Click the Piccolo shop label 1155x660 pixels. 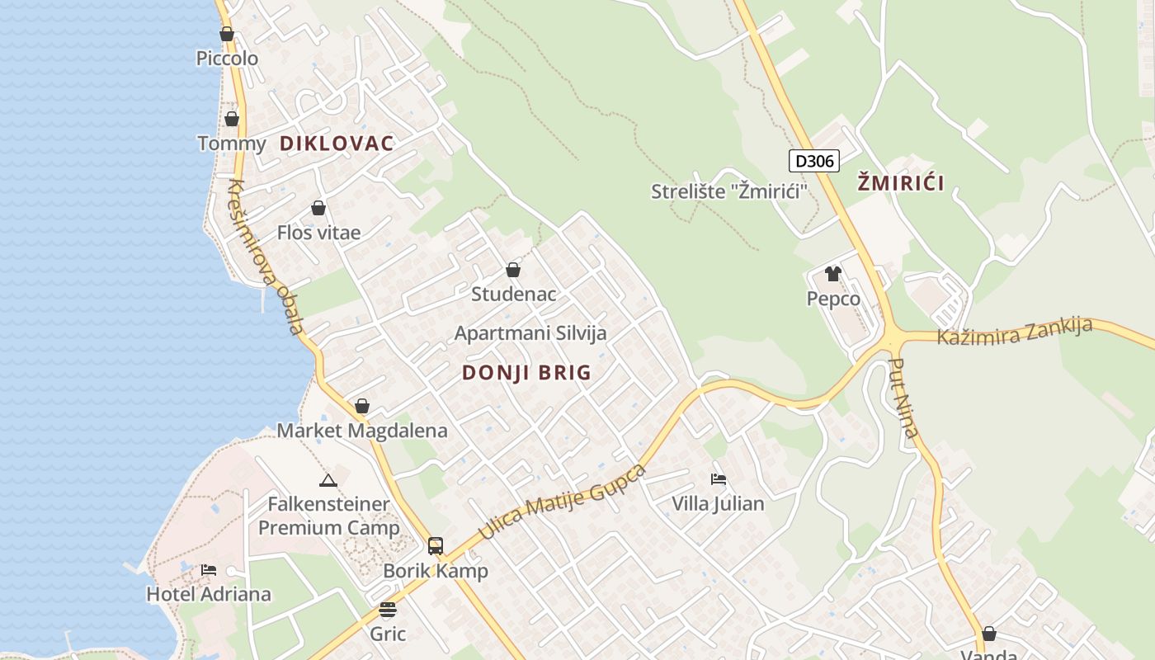[227, 59]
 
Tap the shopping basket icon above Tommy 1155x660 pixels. [232, 119]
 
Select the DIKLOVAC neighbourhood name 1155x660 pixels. [337, 144]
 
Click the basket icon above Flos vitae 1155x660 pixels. [318, 208]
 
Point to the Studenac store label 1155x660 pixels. [513, 294]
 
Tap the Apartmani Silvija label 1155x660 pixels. [530, 333]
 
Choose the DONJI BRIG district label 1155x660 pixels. [526, 373]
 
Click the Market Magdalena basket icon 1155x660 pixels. [361, 406]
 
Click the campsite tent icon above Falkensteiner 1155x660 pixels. [328, 480]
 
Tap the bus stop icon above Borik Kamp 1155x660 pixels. [435, 546]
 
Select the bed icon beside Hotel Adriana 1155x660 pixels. [209, 570]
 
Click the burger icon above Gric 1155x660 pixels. [388, 610]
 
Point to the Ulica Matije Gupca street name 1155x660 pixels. [562, 502]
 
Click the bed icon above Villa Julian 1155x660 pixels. [718, 478]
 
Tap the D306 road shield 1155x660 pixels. [814, 160]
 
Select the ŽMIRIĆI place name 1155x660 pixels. [901, 183]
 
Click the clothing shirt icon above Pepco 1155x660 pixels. [833, 274]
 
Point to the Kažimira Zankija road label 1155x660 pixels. [1014, 331]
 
